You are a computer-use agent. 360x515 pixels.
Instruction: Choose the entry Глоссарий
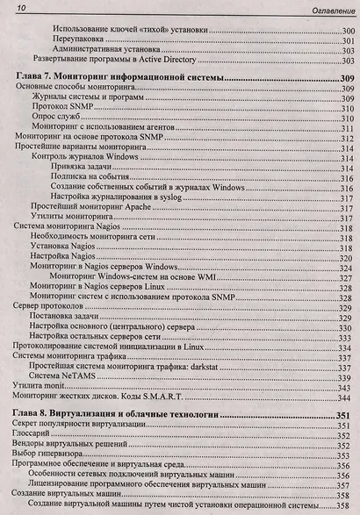(36, 433)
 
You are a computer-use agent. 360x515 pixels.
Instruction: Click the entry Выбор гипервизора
(49, 455)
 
